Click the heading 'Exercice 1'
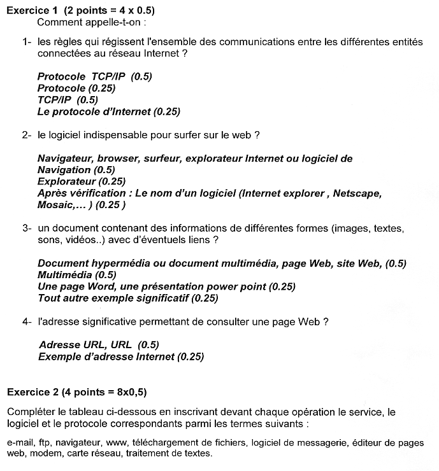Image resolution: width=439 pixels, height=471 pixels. (x=32, y=11)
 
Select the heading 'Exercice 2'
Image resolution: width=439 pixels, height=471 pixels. (x=32, y=390)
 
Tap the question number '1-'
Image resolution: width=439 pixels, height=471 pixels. (x=27, y=42)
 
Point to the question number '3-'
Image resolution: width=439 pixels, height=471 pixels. (x=27, y=228)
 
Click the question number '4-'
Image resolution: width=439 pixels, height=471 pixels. (x=27, y=321)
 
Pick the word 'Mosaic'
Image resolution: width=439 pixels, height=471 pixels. (x=54, y=205)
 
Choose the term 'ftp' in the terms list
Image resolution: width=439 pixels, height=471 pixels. (x=44, y=442)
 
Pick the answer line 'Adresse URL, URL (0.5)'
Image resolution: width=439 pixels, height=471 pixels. (x=98, y=345)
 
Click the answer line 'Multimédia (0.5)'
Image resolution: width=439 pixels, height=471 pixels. (x=76, y=275)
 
